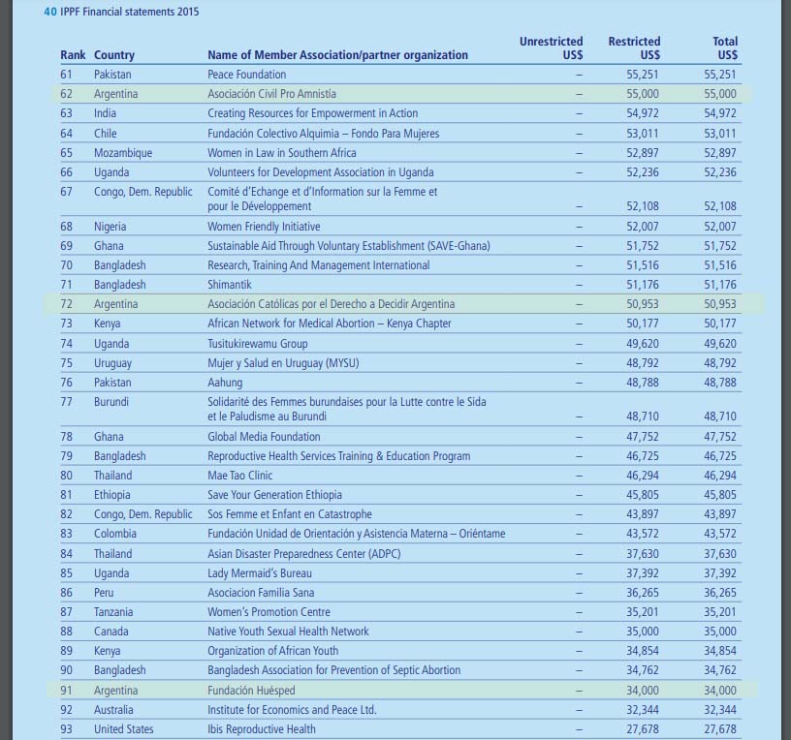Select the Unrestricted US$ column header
coord(552,48)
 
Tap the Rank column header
coord(73,55)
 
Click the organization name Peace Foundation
coord(246,75)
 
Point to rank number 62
coord(67,94)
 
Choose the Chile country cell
coord(105,133)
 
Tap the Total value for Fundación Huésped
coord(720,691)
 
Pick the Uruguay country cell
coord(112,363)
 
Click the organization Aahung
coord(226,383)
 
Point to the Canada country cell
coord(111,632)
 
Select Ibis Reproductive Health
coord(261,729)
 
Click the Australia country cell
coord(113,710)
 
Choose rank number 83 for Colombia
coord(67,534)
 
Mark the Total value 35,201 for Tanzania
coord(720,612)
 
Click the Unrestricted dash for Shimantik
coord(580,285)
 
